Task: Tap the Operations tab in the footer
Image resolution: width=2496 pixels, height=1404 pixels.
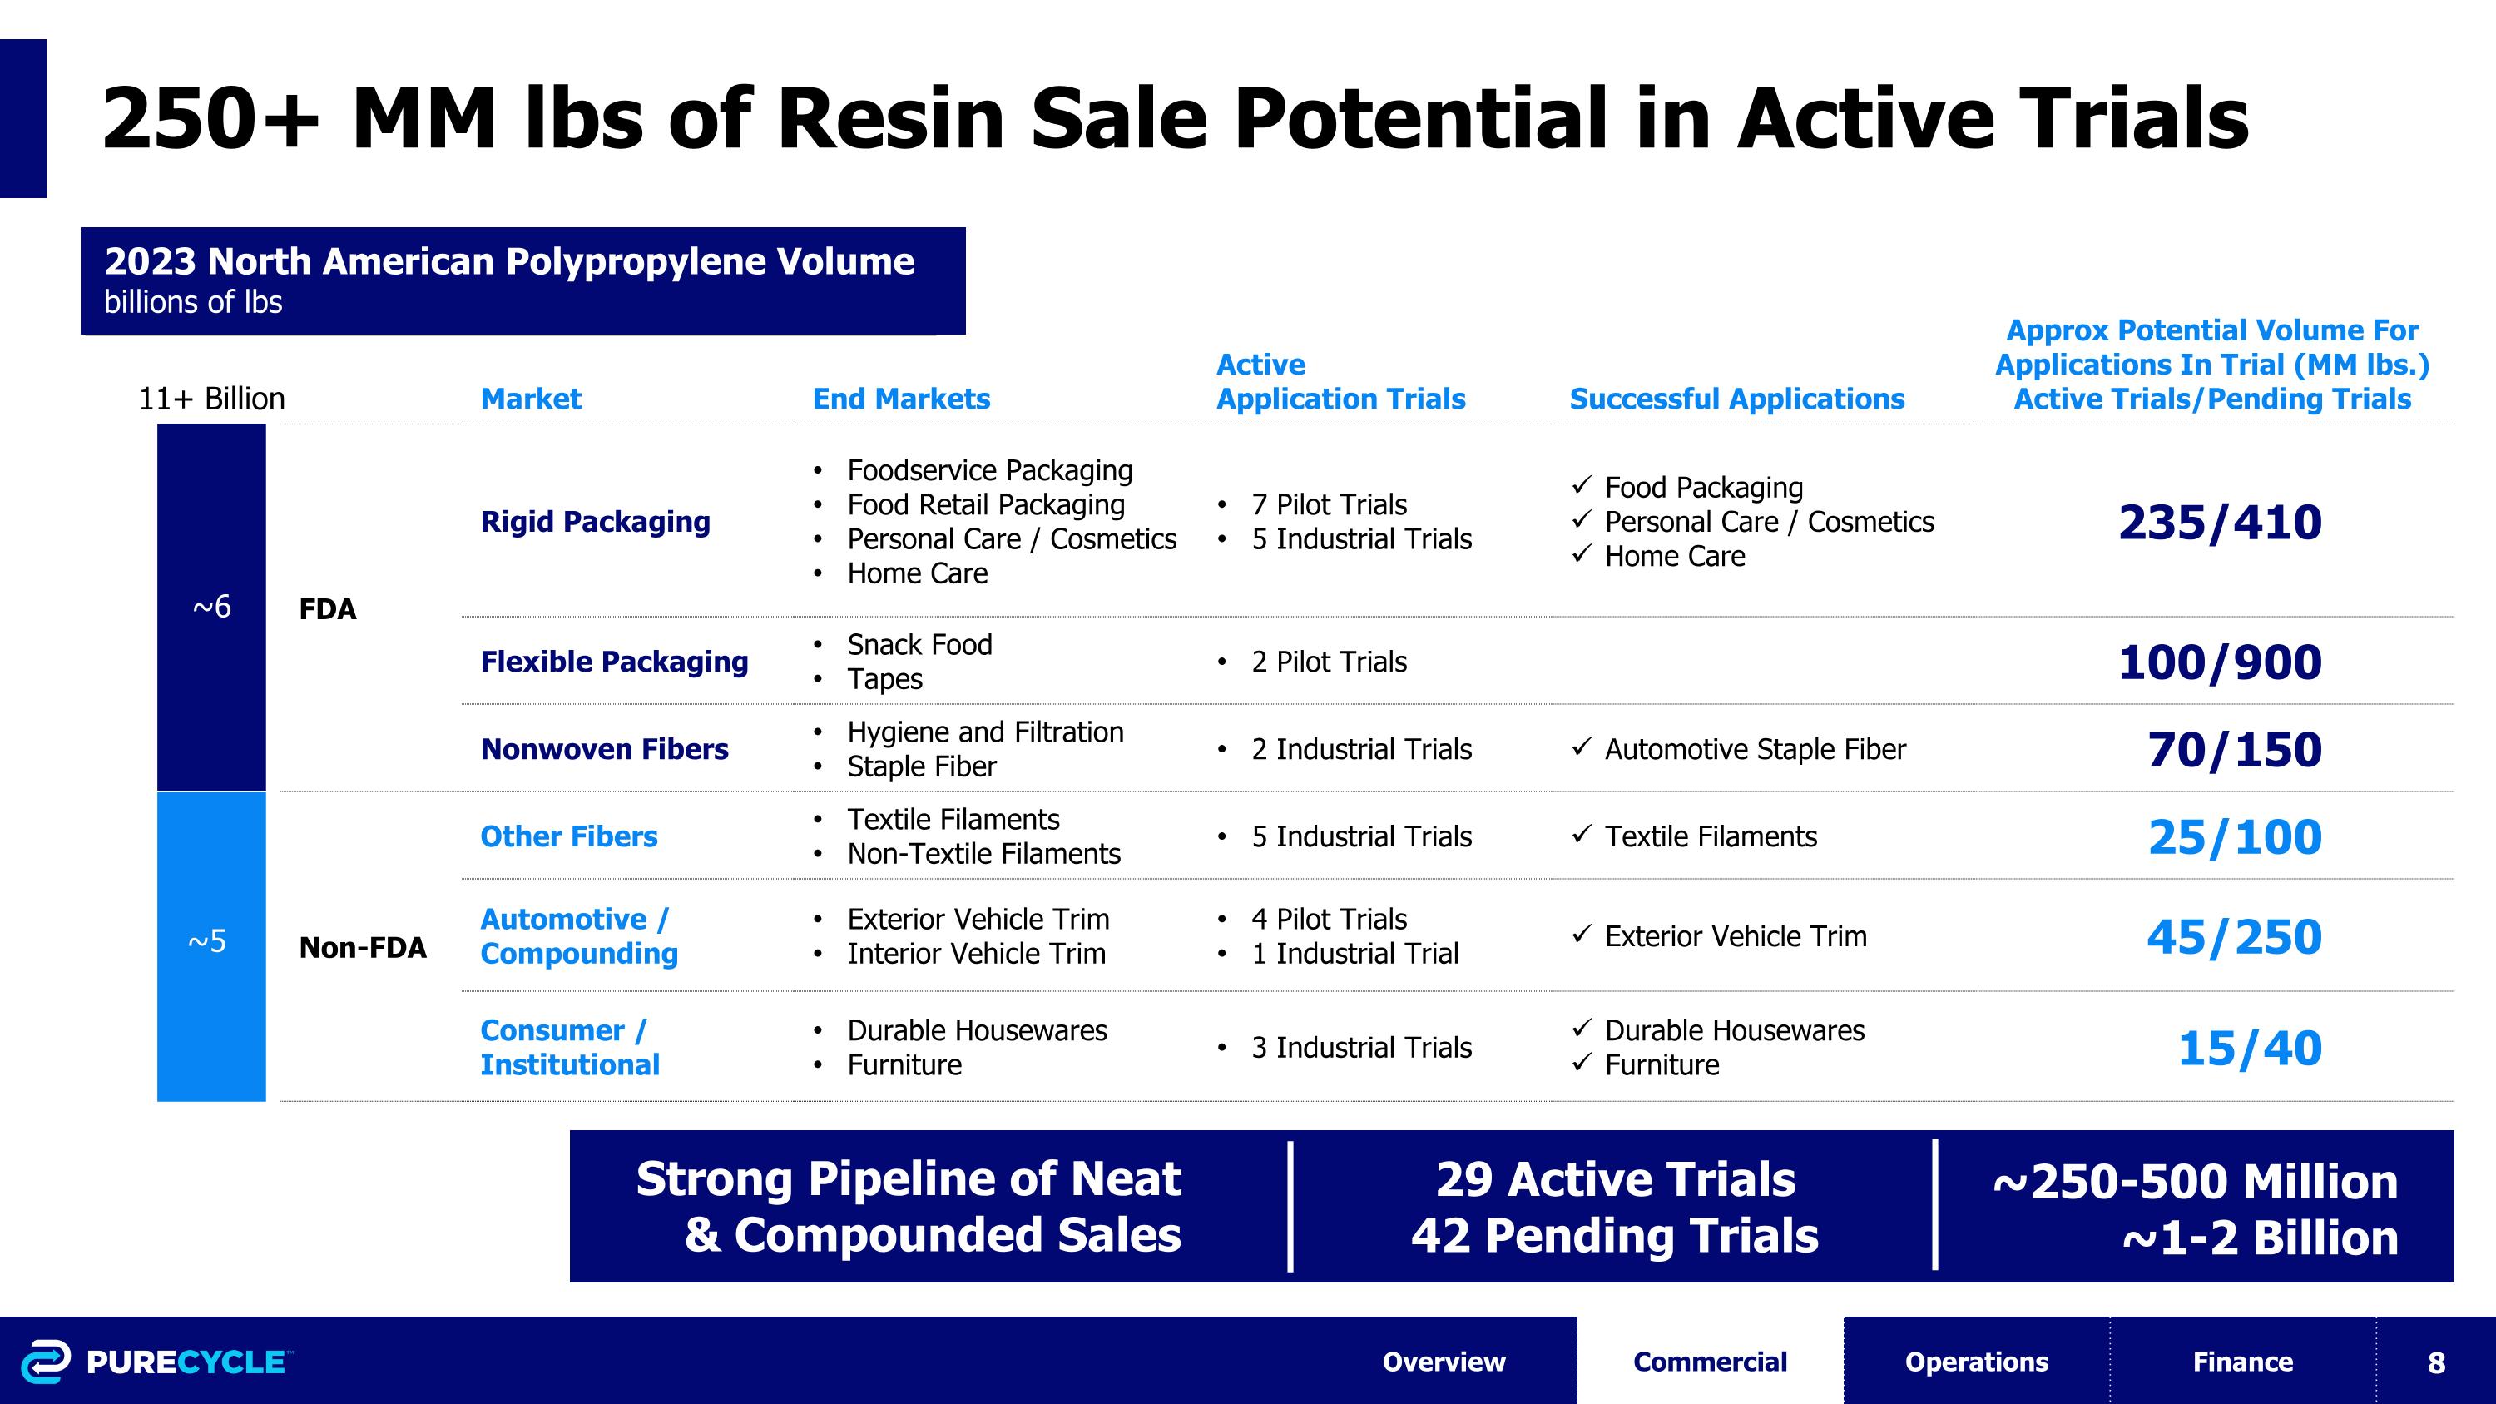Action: (x=1977, y=1362)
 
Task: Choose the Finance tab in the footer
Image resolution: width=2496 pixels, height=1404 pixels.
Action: (x=2243, y=1362)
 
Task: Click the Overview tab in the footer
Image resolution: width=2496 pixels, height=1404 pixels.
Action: (x=1444, y=1362)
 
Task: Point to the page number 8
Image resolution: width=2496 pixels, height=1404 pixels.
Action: (x=2437, y=1362)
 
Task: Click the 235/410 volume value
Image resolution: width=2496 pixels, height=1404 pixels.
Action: (x=2220, y=523)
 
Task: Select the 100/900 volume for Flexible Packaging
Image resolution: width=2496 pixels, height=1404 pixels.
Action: (x=2220, y=662)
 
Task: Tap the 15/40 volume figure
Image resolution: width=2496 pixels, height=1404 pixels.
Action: (x=2250, y=1048)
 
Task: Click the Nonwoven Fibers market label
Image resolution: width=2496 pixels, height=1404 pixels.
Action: (x=605, y=749)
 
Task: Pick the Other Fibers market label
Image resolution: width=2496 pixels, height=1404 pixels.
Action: (x=569, y=836)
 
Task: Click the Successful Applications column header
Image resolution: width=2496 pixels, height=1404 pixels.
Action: (x=1737, y=399)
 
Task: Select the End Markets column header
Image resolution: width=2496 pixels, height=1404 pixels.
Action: (x=901, y=399)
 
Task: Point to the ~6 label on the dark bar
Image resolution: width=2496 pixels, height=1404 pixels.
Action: (x=211, y=607)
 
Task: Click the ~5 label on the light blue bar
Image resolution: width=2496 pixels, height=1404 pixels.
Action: (x=206, y=940)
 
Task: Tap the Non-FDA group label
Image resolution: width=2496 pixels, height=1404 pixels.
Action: (x=363, y=948)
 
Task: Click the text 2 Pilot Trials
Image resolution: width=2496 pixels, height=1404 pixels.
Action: (x=1329, y=662)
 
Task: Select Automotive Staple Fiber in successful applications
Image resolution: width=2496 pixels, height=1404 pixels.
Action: (x=1755, y=749)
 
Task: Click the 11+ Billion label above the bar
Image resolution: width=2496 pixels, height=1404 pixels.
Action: (x=211, y=399)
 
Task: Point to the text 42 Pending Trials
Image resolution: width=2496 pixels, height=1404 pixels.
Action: (x=1614, y=1235)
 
